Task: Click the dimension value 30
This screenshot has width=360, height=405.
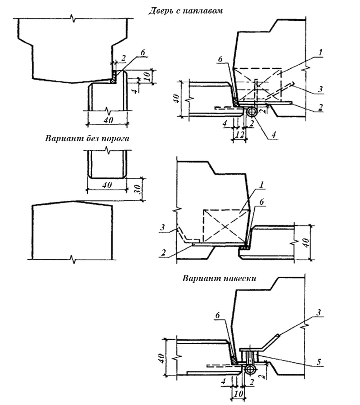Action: pos(138,189)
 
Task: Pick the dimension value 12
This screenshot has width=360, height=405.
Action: pos(239,135)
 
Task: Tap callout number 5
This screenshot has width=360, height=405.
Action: pos(319,362)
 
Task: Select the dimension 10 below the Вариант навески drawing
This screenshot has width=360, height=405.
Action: pos(238,394)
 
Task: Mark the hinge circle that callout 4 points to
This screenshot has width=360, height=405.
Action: pos(252,112)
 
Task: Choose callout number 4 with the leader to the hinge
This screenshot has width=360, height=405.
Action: pos(274,134)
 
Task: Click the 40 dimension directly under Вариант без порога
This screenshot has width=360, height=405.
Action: pos(107,185)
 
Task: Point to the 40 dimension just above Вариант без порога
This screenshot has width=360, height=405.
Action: pos(108,120)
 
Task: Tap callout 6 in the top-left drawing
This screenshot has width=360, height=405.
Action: pos(143,52)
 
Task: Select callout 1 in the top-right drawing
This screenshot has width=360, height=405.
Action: pos(320,53)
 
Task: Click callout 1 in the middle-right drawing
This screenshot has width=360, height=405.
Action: pos(261,185)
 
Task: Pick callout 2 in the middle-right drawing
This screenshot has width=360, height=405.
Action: pos(163,252)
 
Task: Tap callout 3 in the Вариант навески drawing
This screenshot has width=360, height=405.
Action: pos(319,312)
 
